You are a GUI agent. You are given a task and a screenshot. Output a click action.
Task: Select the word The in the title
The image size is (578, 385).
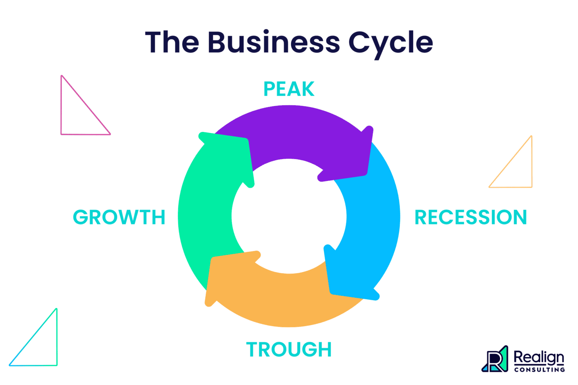click(172, 42)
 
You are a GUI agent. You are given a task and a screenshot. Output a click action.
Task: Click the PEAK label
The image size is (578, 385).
click(289, 89)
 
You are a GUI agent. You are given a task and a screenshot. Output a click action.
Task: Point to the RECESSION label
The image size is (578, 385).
click(470, 217)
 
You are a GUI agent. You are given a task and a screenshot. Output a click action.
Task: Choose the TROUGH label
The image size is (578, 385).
click(289, 349)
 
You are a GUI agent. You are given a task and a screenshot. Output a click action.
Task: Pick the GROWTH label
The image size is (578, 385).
click(119, 217)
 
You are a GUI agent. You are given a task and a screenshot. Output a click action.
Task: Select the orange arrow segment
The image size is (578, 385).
click(278, 297)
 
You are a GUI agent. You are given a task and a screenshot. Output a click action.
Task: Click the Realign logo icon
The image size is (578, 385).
click(495, 359)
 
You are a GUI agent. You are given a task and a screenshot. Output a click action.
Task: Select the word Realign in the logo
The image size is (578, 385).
click(539, 357)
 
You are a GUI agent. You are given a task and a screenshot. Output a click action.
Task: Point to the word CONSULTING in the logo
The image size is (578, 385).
click(539, 370)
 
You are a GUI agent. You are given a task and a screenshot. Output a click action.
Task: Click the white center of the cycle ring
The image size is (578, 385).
click(289, 216)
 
